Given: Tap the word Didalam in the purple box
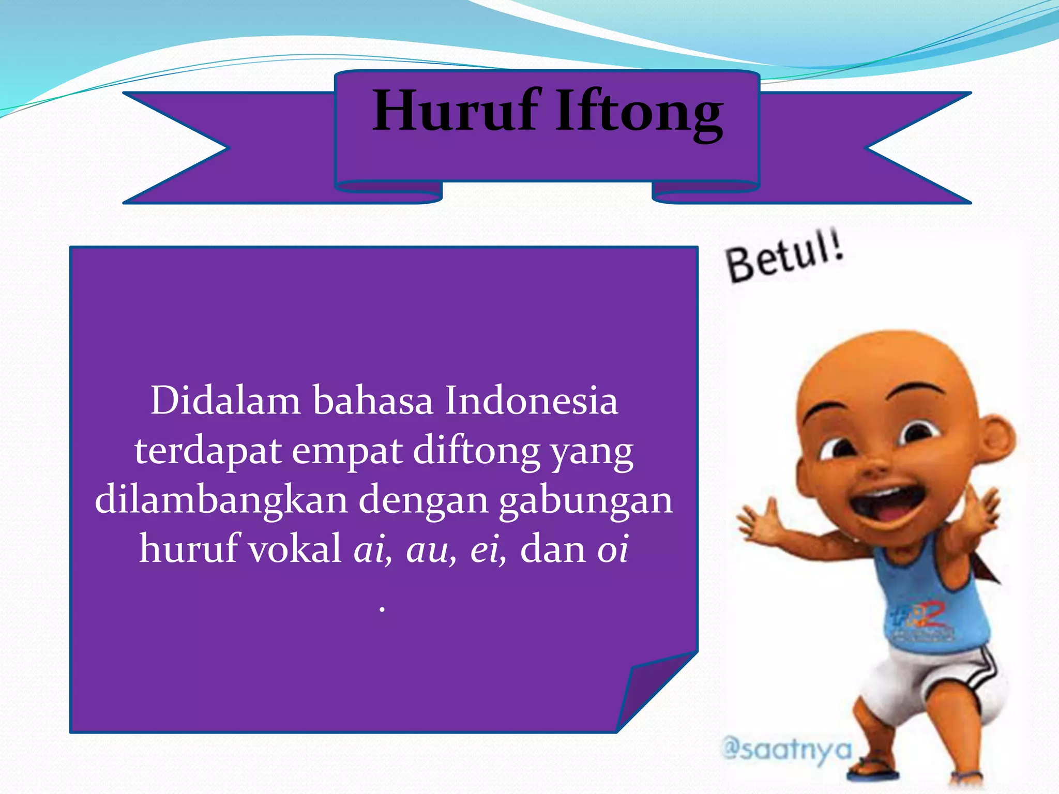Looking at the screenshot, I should coord(225,401).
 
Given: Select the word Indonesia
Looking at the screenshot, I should coord(531,401).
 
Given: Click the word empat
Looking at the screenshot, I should coord(347,451).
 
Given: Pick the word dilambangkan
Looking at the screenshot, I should coord(221,500).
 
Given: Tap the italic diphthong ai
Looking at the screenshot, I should coord(370,549).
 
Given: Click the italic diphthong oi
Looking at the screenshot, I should coord(613,548).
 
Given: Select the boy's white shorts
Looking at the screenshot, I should coord(936,682).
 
